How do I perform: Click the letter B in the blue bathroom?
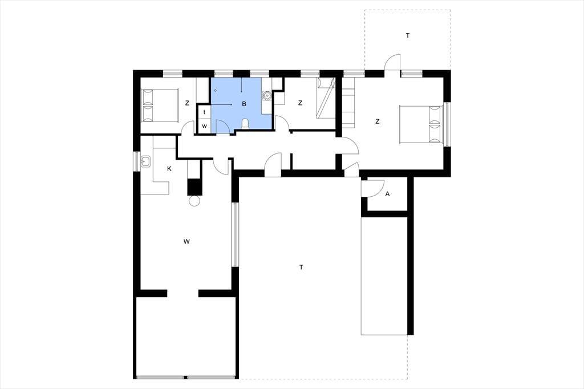[244, 104]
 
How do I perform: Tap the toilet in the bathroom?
[245, 123]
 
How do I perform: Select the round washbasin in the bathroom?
[267, 96]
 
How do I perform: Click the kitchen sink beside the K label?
[145, 162]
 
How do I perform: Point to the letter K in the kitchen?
[169, 169]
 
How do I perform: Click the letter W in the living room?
[186, 241]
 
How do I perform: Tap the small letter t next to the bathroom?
[204, 112]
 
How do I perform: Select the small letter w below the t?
[204, 126]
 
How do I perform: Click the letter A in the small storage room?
[387, 194]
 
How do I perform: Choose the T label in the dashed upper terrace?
[408, 36]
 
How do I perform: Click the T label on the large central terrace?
[301, 267]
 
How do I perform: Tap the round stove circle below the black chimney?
[194, 201]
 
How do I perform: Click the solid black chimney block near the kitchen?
[194, 187]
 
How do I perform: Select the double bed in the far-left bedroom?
[160, 105]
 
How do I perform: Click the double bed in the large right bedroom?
[422, 124]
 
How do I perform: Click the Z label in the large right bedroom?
[378, 121]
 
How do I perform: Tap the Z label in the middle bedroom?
[300, 103]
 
